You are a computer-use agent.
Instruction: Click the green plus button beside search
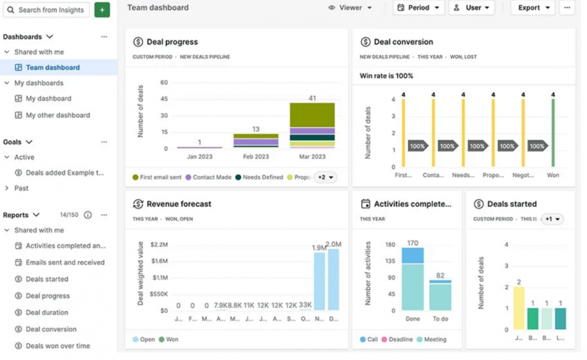[102, 10]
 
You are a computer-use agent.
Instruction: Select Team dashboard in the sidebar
[52, 67]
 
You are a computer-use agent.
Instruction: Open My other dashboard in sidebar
[57, 115]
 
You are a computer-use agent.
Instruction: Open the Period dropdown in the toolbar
[418, 8]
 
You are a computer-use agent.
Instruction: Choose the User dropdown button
[471, 8]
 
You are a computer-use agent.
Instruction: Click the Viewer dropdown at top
[350, 8]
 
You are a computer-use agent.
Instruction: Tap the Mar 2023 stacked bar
[312, 125]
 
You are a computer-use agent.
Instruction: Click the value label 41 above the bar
[312, 98]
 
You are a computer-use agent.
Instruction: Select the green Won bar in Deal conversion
[553, 131]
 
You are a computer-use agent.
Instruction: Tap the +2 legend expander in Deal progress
[325, 177]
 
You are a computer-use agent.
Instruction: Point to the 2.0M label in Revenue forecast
[333, 244]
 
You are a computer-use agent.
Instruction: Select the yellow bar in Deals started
[519, 307]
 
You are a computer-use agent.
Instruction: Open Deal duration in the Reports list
[52, 312]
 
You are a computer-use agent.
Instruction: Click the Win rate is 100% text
[386, 76]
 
